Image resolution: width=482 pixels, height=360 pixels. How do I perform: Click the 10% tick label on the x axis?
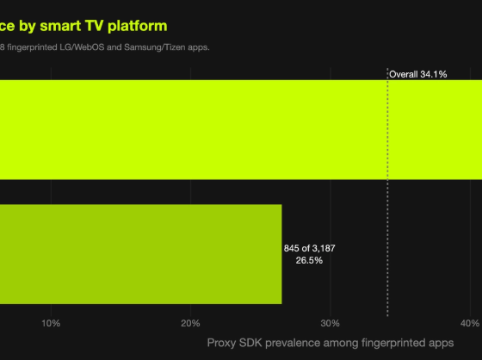pos(51,323)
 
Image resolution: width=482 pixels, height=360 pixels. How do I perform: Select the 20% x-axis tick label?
pos(190,323)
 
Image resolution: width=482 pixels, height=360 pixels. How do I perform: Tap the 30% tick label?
pos(331,323)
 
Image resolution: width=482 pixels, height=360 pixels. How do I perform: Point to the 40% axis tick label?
pos(470,323)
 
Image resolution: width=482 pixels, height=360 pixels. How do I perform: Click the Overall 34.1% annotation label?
pos(418,74)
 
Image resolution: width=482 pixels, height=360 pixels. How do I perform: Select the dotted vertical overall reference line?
pos(387,192)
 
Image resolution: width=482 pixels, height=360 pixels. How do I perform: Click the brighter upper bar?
pos(241,129)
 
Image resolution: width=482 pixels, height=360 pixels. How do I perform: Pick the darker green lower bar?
pos(141,254)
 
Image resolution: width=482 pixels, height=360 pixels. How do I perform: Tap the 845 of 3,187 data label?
pos(310,248)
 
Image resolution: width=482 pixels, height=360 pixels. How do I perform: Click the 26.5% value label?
pos(309,261)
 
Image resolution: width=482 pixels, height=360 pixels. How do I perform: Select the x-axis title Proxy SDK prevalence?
pos(331,343)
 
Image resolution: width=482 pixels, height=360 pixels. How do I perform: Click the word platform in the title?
pos(138,26)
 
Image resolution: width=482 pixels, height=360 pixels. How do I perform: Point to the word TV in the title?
pos(94,26)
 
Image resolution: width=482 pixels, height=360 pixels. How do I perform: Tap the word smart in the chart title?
pos(60,26)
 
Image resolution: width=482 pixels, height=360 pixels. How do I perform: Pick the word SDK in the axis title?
pos(250,343)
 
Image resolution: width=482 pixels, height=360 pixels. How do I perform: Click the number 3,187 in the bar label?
pos(324,248)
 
